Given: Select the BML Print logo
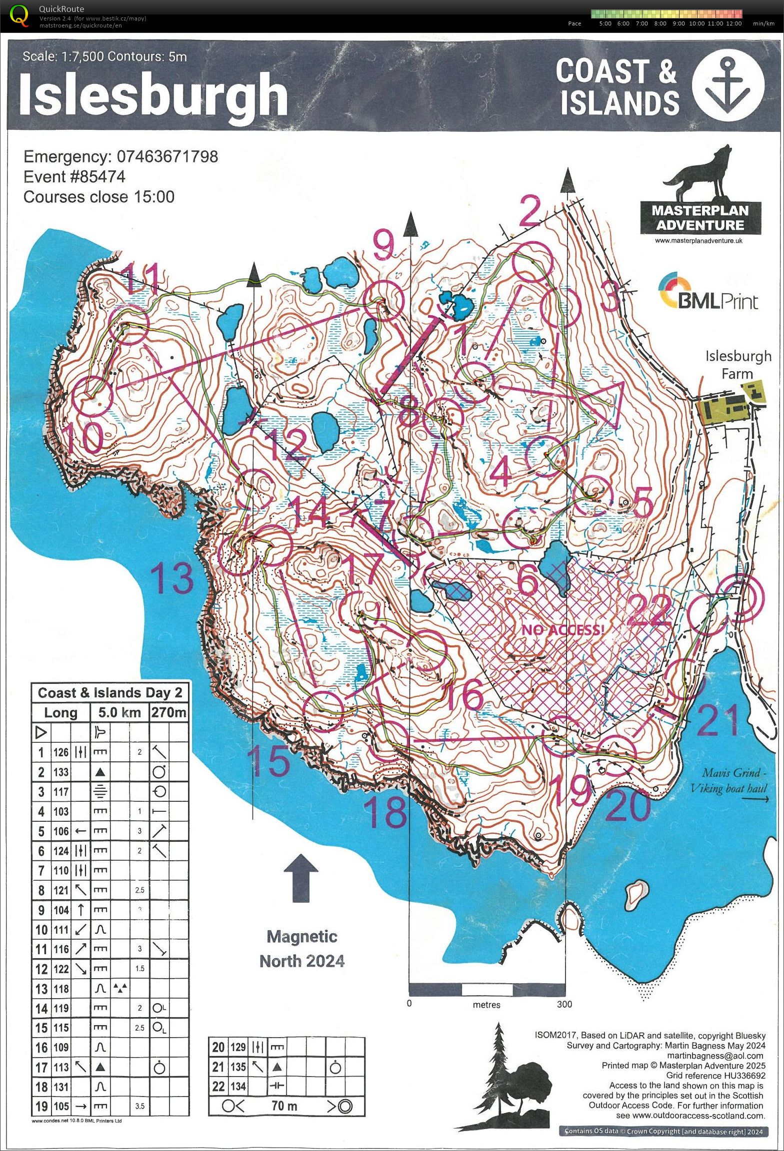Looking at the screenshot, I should pyautogui.click(x=708, y=292).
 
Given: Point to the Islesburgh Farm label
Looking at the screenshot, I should pyautogui.click(x=737, y=364).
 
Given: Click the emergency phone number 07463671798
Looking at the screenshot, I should pyautogui.click(x=167, y=156).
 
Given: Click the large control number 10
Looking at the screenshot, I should pyautogui.click(x=84, y=437).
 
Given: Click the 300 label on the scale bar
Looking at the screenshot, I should pyautogui.click(x=564, y=1004).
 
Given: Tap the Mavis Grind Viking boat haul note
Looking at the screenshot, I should pyautogui.click(x=730, y=780).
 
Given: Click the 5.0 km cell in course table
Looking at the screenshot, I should pyautogui.click(x=119, y=712).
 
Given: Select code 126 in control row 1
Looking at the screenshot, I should pyautogui.click(x=61, y=752).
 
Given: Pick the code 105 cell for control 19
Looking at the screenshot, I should pyautogui.click(x=61, y=1106).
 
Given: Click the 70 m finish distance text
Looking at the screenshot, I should pyautogui.click(x=284, y=1106).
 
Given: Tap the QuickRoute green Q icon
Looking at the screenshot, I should pyautogui.click(x=19, y=15).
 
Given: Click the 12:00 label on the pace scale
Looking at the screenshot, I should pyautogui.click(x=733, y=23).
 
